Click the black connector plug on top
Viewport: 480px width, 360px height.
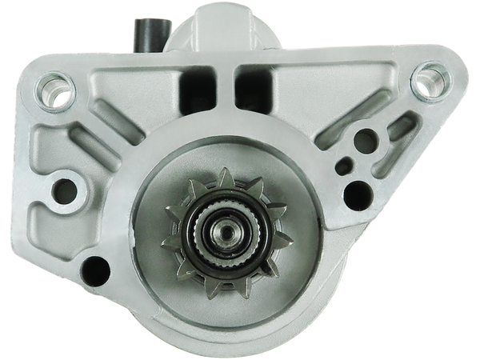point(146,32)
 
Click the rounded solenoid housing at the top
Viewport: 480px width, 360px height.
point(224,24)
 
